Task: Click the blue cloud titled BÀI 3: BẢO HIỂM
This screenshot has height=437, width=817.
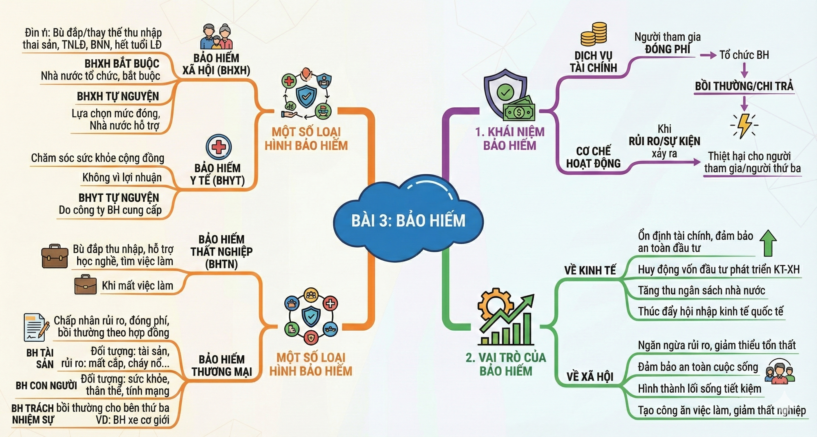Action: click(x=408, y=220)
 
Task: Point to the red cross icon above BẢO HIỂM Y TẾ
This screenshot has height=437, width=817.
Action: click(x=218, y=147)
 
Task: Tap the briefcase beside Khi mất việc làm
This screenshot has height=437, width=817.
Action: click(x=85, y=285)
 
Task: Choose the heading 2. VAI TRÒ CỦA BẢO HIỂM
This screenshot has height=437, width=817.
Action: click(x=506, y=364)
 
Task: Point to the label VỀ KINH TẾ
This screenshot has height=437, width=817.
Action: click(x=590, y=270)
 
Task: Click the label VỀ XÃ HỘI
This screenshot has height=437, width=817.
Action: click(x=590, y=377)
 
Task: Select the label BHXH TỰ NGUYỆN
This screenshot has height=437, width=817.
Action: click(x=118, y=96)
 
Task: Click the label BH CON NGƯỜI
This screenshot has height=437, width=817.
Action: click(x=46, y=386)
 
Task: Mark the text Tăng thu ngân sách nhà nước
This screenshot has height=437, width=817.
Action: click(x=702, y=290)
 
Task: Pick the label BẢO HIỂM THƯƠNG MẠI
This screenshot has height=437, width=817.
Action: click(x=222, y=366)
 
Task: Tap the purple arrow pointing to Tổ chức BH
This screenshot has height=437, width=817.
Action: click(x=708, y=55)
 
